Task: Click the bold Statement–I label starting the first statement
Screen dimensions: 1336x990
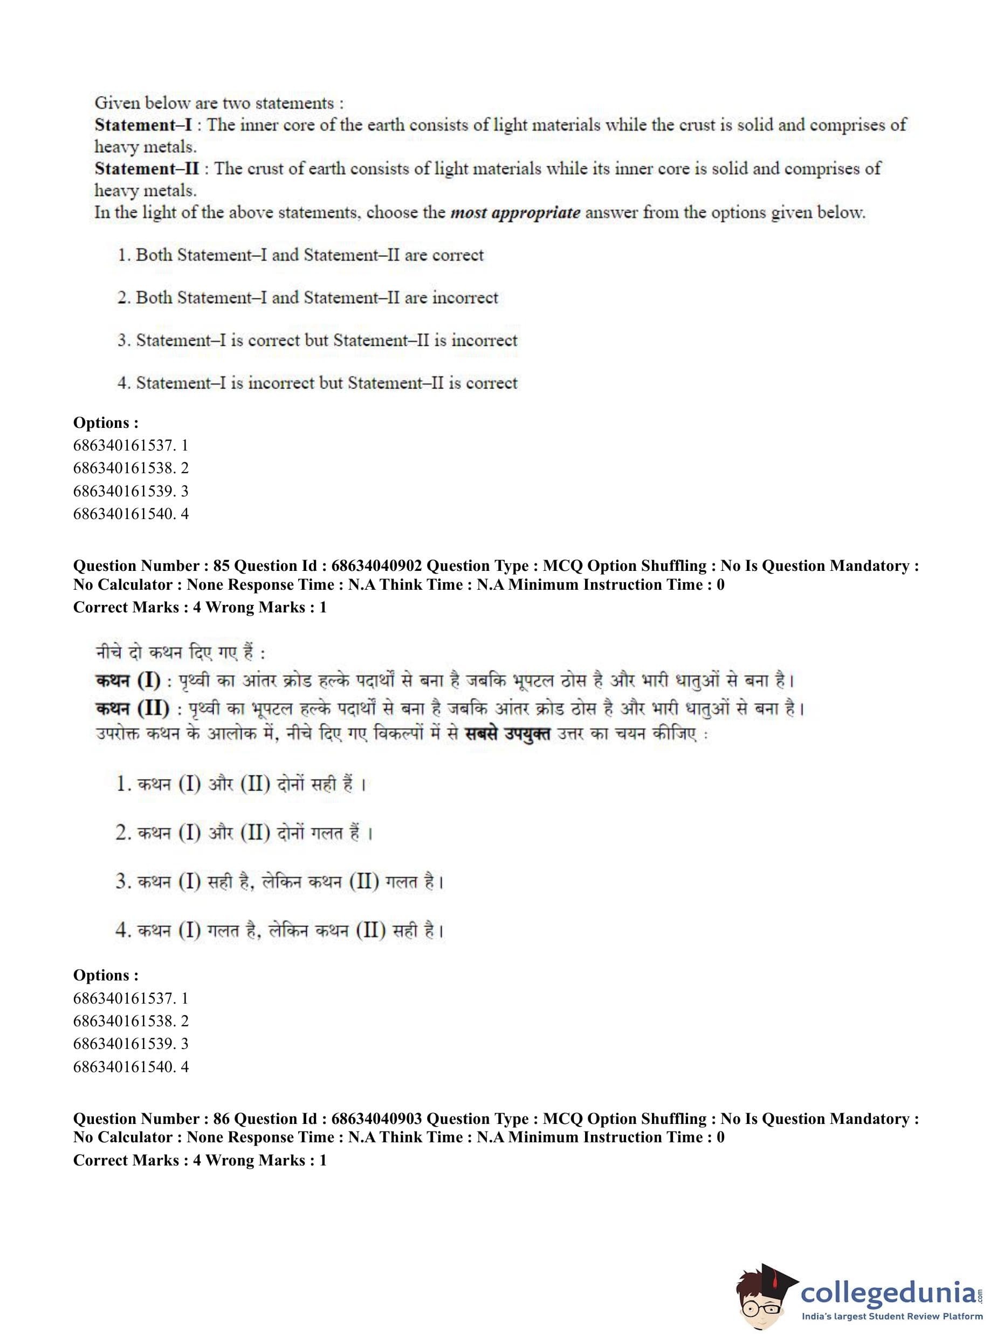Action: [x=143, y=125]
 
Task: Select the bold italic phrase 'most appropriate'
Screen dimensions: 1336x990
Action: [x=515, y=212]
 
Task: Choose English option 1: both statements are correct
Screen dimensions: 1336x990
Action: [x=300, y=255]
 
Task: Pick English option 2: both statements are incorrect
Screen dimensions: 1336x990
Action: [x=307, y=297]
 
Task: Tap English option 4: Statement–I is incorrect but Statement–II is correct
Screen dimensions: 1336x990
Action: [x=317, y=383]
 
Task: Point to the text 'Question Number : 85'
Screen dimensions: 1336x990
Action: [x=151, y=565]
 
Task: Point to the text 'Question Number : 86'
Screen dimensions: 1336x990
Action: [x=151, y=1119]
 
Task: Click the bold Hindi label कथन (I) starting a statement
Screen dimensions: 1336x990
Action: [x=128, y=680]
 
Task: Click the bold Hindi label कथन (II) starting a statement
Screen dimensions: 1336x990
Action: [x=133, y=708]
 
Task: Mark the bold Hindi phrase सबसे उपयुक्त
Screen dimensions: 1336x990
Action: [x=507, y=734]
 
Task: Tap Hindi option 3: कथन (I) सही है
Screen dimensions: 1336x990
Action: [x=279, y=882]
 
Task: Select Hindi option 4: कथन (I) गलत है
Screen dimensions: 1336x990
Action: [x=279, y=930]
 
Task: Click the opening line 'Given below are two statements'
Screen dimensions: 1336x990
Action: [x=219, y=103]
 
